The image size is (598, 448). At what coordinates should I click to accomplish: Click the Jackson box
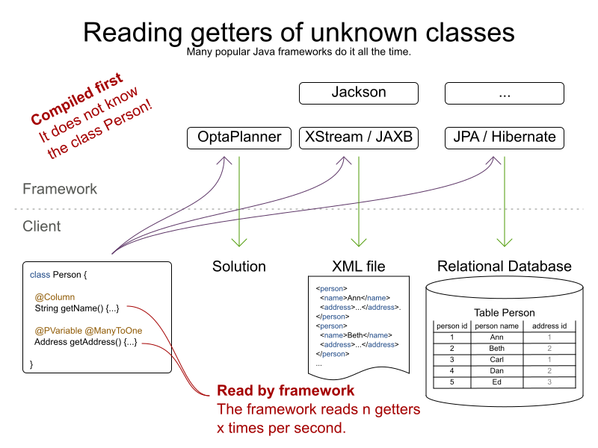tap(359, 93)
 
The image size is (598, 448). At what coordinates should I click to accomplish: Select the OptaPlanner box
tap(239, 137)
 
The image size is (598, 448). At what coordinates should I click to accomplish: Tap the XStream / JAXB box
tap(359, 137)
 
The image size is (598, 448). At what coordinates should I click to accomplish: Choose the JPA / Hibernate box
tap(505, 137)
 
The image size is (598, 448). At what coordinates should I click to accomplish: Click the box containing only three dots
tap(505, 93)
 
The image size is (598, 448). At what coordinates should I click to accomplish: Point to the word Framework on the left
tap(60, 189)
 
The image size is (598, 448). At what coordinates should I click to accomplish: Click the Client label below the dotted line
tap(43, 226)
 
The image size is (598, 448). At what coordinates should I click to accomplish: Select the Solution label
tap(239, 267)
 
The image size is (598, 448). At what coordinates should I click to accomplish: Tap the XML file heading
tap(359, 267)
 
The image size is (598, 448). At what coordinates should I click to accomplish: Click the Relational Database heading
tap(505, 267)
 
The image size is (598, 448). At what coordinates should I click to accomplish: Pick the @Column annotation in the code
tap(55, 296)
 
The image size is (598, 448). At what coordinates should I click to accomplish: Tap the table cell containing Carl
tap(496, 359)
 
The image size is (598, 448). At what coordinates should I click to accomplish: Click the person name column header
tap(496, 326)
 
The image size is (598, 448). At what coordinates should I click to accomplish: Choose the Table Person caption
tap(505, 313)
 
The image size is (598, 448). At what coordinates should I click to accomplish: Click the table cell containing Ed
tap(496, 382)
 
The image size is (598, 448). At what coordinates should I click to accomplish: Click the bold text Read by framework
tap(286, 391)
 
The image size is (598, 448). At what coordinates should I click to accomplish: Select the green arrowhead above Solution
tap(239, 242)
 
